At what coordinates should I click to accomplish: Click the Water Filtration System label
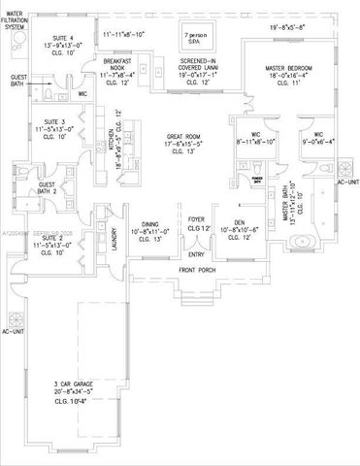[16, 20]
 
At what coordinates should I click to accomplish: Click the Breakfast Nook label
[123, 63]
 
